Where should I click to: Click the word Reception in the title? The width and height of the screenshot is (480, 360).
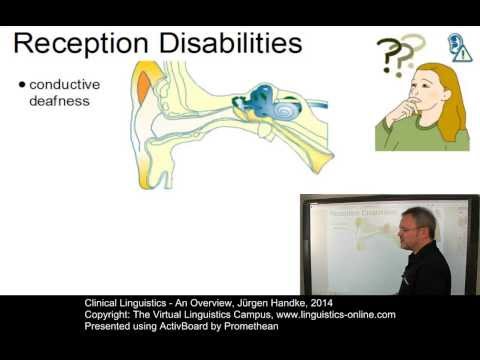85,45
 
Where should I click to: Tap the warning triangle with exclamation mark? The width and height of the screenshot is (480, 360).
461,54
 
